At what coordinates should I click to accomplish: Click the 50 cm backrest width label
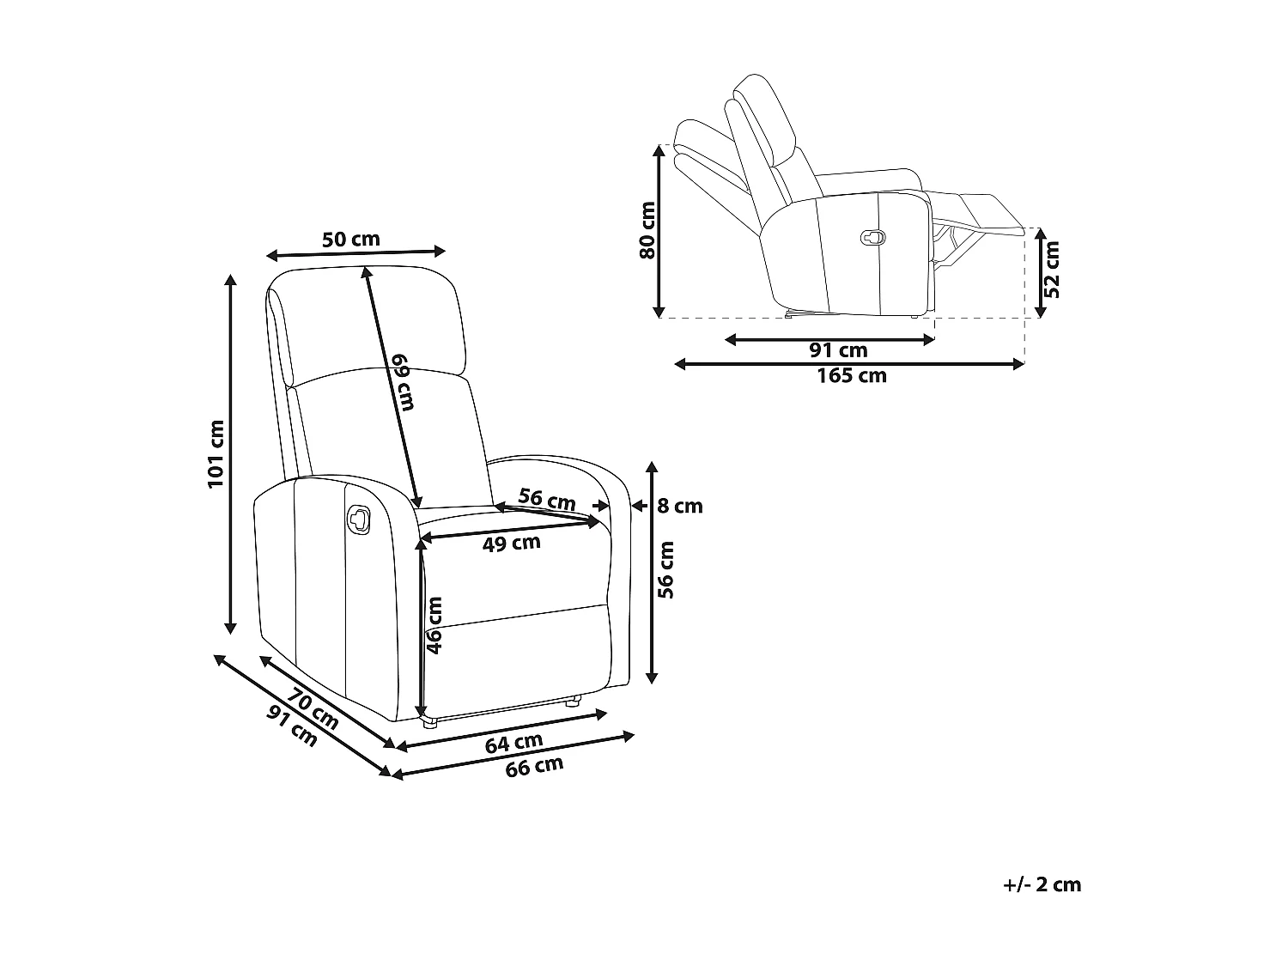click(x=350, y=239)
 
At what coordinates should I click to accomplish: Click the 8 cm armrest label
click(x=679, y=506)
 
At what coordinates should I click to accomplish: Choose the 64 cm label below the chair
click(x=514, y=743)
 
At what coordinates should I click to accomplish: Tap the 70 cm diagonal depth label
click(x=313, y=709)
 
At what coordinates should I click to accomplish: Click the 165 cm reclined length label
click(x=851, y=375)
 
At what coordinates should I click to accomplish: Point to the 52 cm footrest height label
click(x=1053, y=269)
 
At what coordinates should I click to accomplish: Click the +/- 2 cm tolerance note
click(x=1042, y=884)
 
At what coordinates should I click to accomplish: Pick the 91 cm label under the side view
click(x=838, y=350)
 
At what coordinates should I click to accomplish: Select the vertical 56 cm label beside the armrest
click(x=665, y=568)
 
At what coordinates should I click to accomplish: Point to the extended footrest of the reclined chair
click(x=987, y=213)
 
